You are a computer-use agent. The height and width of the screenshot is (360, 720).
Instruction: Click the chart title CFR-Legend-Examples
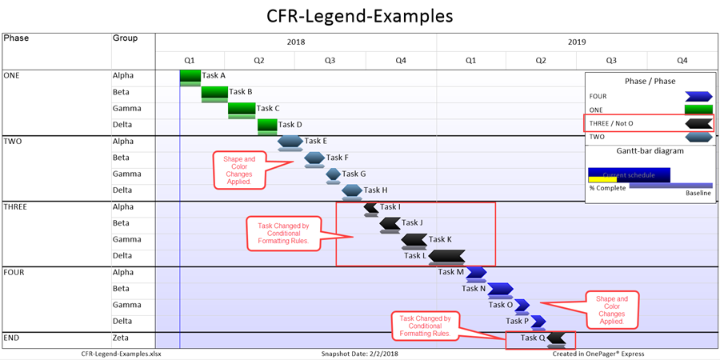point(359,15)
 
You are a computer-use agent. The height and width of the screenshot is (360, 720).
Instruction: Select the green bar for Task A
point(190,76)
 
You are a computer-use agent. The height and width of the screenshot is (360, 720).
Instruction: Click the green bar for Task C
point(242,109)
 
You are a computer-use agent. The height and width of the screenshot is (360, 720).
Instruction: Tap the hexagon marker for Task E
point(290,142)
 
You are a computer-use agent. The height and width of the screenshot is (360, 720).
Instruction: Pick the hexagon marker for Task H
point(352,190)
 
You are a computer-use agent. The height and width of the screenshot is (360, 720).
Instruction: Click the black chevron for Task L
point(446,256)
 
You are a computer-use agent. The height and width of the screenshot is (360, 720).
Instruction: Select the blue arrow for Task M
point(476,272)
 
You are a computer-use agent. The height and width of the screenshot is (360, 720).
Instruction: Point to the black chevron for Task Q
point(556,338)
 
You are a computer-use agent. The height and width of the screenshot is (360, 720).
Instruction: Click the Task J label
point(412,223)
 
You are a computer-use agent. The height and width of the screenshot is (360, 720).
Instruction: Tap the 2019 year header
point(577,42)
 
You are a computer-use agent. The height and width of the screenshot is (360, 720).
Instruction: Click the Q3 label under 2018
point(330,60)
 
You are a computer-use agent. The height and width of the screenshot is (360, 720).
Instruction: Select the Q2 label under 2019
point(541,60)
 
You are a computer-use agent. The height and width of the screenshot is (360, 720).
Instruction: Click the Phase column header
point(15,38)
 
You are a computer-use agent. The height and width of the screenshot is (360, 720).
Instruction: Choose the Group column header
point(125,38)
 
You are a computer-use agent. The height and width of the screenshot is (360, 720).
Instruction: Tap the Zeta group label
point(122,338)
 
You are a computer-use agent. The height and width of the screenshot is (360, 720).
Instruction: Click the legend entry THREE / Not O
point(612,123)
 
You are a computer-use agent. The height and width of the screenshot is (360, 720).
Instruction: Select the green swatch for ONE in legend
point(698,110)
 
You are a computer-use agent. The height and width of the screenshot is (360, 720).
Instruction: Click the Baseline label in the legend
point(698,193)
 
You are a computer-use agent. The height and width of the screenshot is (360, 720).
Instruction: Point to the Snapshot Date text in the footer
point(358,353)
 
